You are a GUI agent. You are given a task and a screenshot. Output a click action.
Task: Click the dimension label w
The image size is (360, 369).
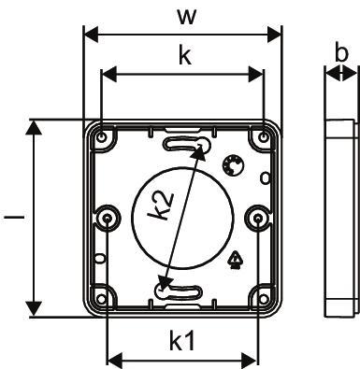187,17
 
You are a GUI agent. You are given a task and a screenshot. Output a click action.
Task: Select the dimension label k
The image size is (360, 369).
185,55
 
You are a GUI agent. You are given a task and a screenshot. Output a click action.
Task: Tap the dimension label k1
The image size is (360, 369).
182,340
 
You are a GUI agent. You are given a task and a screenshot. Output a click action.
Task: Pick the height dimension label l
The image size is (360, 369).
14,216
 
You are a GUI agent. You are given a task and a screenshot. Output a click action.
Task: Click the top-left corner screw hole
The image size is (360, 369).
102,136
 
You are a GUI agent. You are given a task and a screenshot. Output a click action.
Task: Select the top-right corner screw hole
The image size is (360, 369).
264,136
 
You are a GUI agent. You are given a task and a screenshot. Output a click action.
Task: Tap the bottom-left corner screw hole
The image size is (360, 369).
101,299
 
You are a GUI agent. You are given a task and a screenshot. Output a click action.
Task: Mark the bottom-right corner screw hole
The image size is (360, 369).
264,299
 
